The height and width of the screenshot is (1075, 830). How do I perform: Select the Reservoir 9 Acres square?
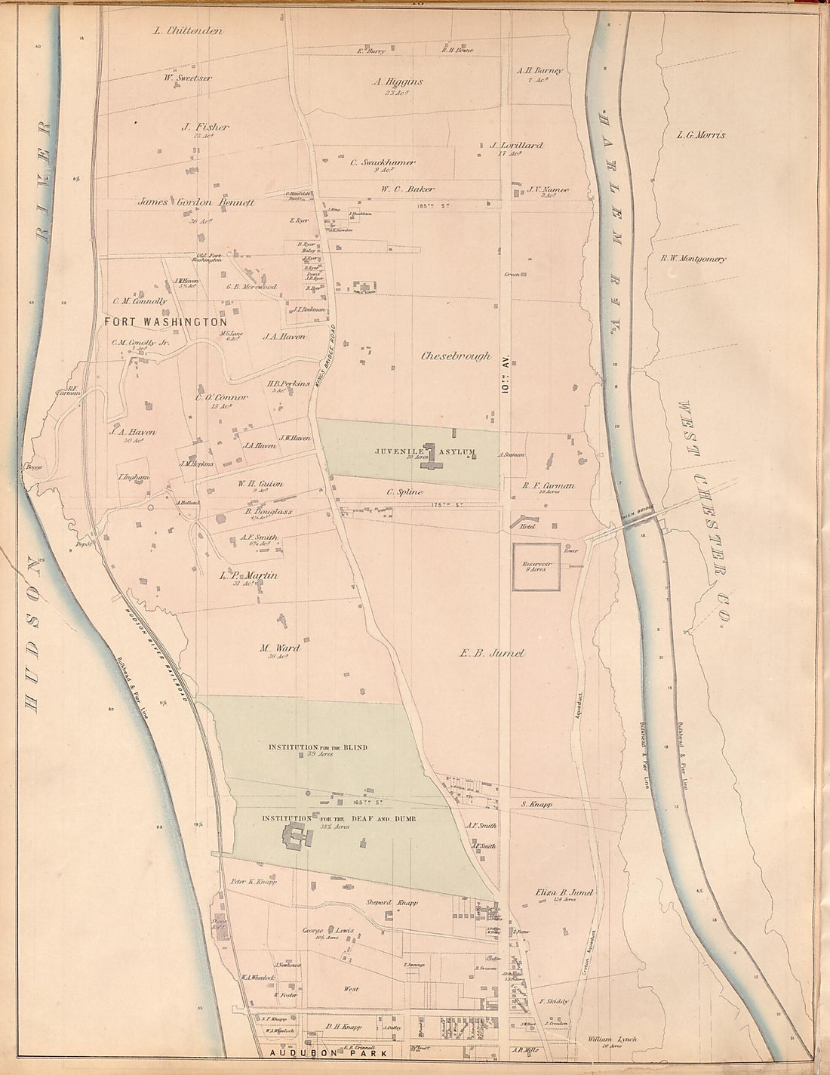(536, 567)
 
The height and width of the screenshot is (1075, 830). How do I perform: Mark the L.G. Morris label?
(701, 135)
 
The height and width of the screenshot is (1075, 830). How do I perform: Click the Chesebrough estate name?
(456, 356)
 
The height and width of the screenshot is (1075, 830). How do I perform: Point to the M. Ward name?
(279, 648)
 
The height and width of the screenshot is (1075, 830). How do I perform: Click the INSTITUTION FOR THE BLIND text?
(318, 748)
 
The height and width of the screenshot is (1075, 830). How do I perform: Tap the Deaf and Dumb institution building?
(297, 836)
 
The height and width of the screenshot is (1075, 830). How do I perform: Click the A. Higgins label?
(398, 82)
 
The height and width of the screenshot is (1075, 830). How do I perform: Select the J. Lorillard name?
(516, 145)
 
